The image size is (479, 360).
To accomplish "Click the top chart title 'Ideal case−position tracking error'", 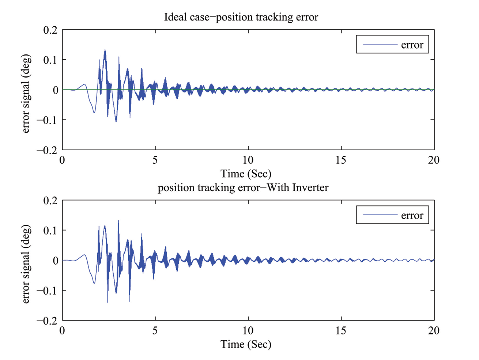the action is pos(241,17).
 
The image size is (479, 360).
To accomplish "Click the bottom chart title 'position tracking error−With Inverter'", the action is pos(243,188).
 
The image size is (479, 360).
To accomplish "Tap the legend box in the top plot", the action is pos(392,44).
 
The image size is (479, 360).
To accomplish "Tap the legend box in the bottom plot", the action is pos(392,215).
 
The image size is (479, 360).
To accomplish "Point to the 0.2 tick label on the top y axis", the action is pos(50,30).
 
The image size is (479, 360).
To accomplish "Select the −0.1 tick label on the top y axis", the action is pos(47,120).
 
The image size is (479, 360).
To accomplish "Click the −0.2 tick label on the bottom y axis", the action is pos(47,321).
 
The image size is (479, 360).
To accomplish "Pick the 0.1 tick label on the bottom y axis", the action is pos(50,231).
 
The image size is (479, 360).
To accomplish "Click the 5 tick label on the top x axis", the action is pos(155,160).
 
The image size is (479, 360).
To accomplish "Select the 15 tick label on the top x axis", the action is pos(341,160).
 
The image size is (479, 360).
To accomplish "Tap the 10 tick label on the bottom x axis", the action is pos(248,330).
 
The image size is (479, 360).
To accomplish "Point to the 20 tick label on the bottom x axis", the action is pos(434,330).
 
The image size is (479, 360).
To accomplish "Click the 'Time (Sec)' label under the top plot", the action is pos(246,174).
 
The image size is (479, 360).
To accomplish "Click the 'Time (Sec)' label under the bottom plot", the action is pos(246,344).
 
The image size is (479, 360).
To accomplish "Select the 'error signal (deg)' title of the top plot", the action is pos(26,93).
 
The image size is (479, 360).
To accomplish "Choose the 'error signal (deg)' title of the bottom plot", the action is pos(26,264).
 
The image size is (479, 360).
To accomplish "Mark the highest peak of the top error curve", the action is pos(105,50).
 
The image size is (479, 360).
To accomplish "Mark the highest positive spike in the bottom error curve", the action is pos(118,220).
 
